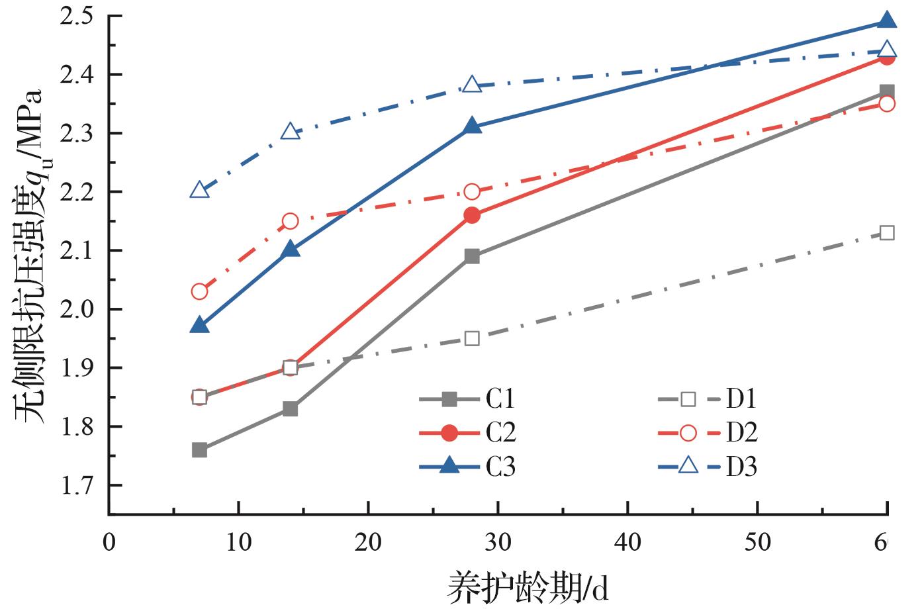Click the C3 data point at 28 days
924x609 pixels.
coord(472,126)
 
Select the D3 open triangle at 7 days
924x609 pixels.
coord(200,191)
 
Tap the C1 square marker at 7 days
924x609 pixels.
coord(199,450)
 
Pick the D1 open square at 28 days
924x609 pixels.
coord(472,338)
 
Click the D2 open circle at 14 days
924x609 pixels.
coord(290,221)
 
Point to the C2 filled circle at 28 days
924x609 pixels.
coord(472,215)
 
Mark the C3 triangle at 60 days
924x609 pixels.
coord(887,21)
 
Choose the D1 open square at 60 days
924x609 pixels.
coord(887,233)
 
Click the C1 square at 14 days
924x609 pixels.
coord(290,409)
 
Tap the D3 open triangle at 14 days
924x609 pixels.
coord(290,132)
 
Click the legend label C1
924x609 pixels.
coord(501,399)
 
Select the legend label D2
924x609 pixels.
coord(742,434)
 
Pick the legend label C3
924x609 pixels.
coord(501,467)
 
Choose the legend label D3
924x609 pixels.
coord(742,467)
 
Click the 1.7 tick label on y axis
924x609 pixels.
coord(77,485)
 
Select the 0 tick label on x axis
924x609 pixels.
coord(109,542)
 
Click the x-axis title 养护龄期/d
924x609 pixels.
coord(528,586)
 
